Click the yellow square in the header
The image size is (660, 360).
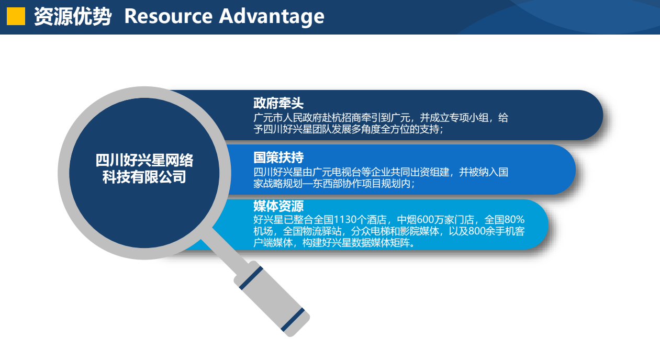click(16, 16)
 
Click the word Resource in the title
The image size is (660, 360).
click(167, 16)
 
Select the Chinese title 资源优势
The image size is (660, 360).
click(73, 16)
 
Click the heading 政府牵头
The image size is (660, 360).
click(278, 103)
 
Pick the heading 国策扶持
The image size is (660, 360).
click(278, 157)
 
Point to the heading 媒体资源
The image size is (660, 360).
click(278, 206)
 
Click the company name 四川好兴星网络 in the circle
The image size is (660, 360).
click(144, 161)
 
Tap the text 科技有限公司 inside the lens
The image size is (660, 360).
click(144, 177)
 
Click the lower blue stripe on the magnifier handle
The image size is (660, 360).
click(292, 320)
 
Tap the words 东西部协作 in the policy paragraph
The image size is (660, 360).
click(342, 184)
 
